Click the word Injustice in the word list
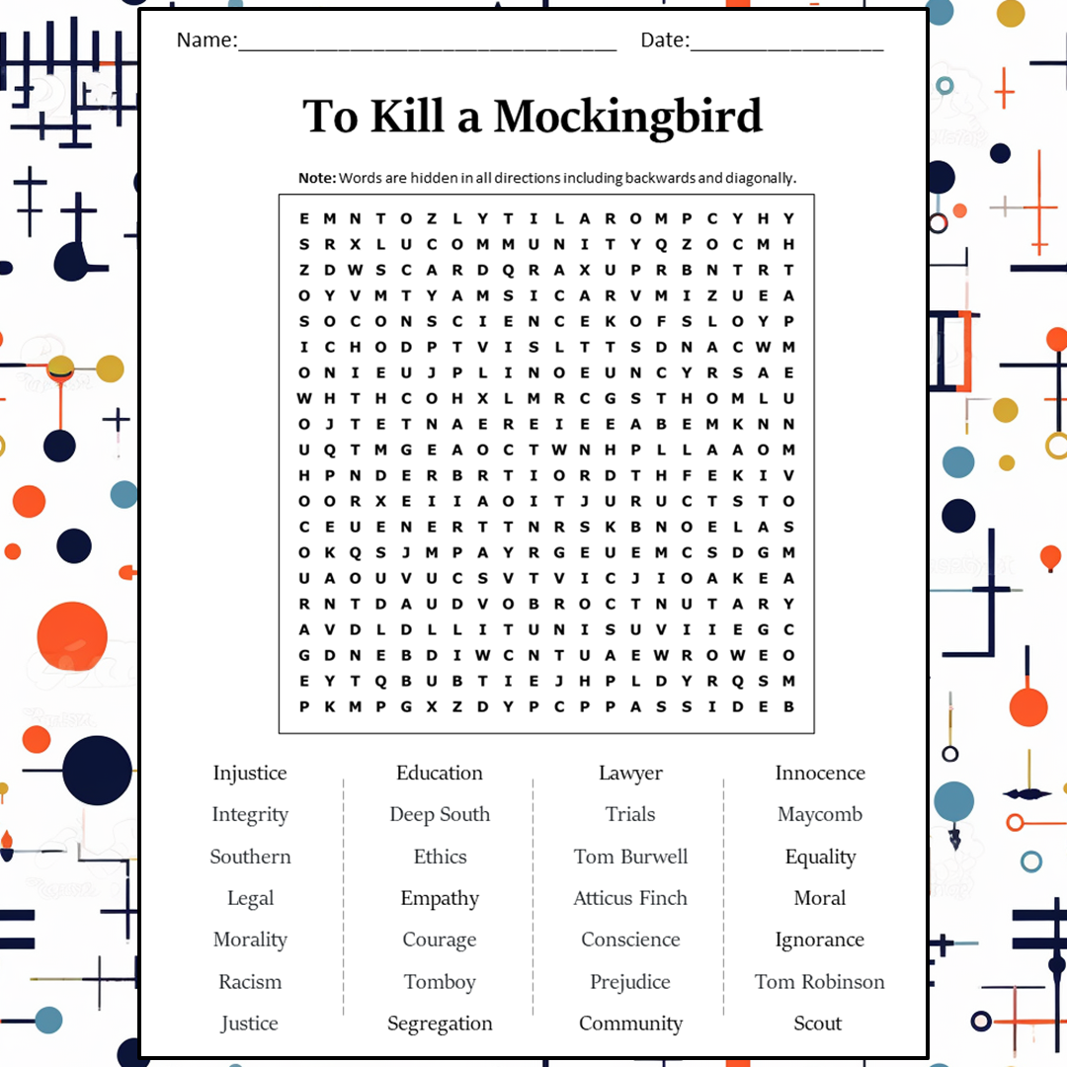250,774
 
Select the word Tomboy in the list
440,982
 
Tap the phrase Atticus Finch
630,898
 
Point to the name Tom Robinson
819,982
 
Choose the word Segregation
440,1024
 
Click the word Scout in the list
818,1024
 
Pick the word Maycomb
819,815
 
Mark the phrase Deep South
440,815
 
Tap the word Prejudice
630,982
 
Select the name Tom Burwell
630,857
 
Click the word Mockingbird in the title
628,117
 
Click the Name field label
206,41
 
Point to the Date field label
664,41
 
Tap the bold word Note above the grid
317,178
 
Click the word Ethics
440,857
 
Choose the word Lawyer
630,774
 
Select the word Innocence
819,774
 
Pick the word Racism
250,982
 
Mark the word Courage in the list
440,940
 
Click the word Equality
820,857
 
